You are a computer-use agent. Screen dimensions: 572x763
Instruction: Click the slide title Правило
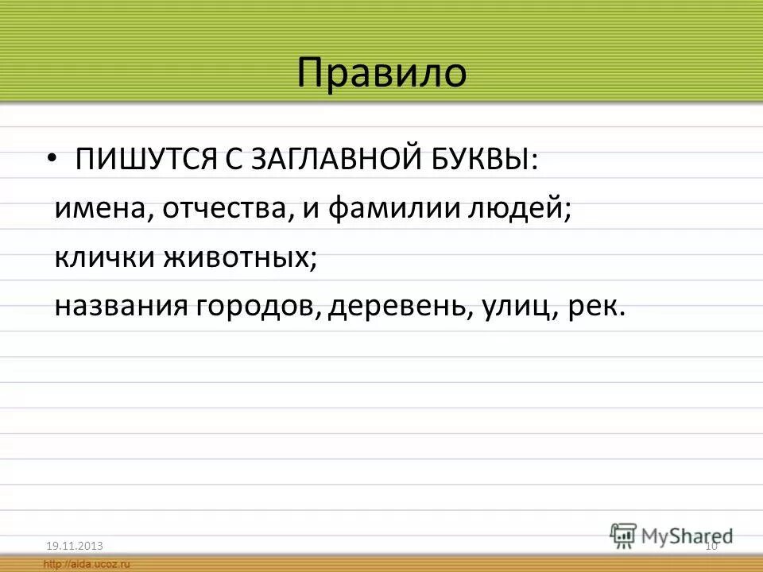[381, 73]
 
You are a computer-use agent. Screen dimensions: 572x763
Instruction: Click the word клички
[101, 259]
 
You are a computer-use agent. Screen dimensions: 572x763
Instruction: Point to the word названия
[119, 307]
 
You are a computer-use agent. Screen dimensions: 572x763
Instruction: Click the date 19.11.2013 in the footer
[75, 544]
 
